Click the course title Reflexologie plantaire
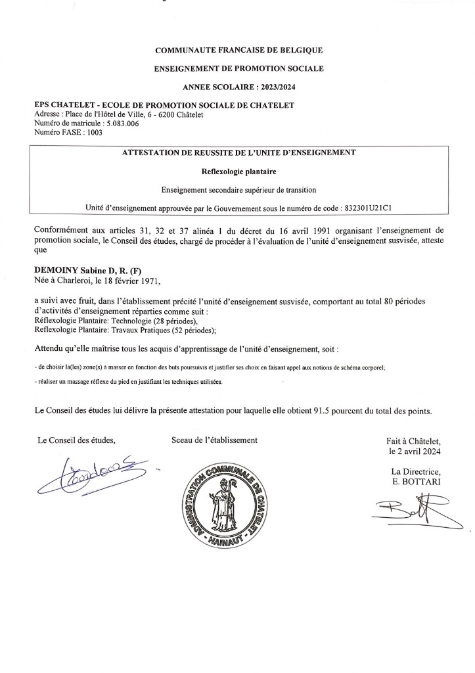click(238, 172)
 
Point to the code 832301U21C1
click(368, 207)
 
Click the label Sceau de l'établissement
click(214, 440)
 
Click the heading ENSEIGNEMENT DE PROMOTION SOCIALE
click(238, 68)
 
